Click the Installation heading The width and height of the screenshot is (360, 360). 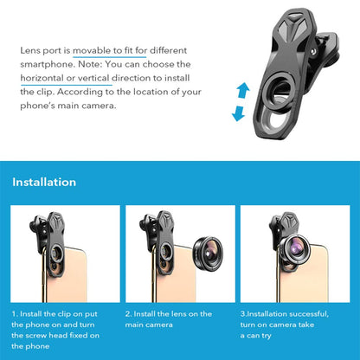(44, 182)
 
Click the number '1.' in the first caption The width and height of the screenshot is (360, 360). (16, 312)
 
